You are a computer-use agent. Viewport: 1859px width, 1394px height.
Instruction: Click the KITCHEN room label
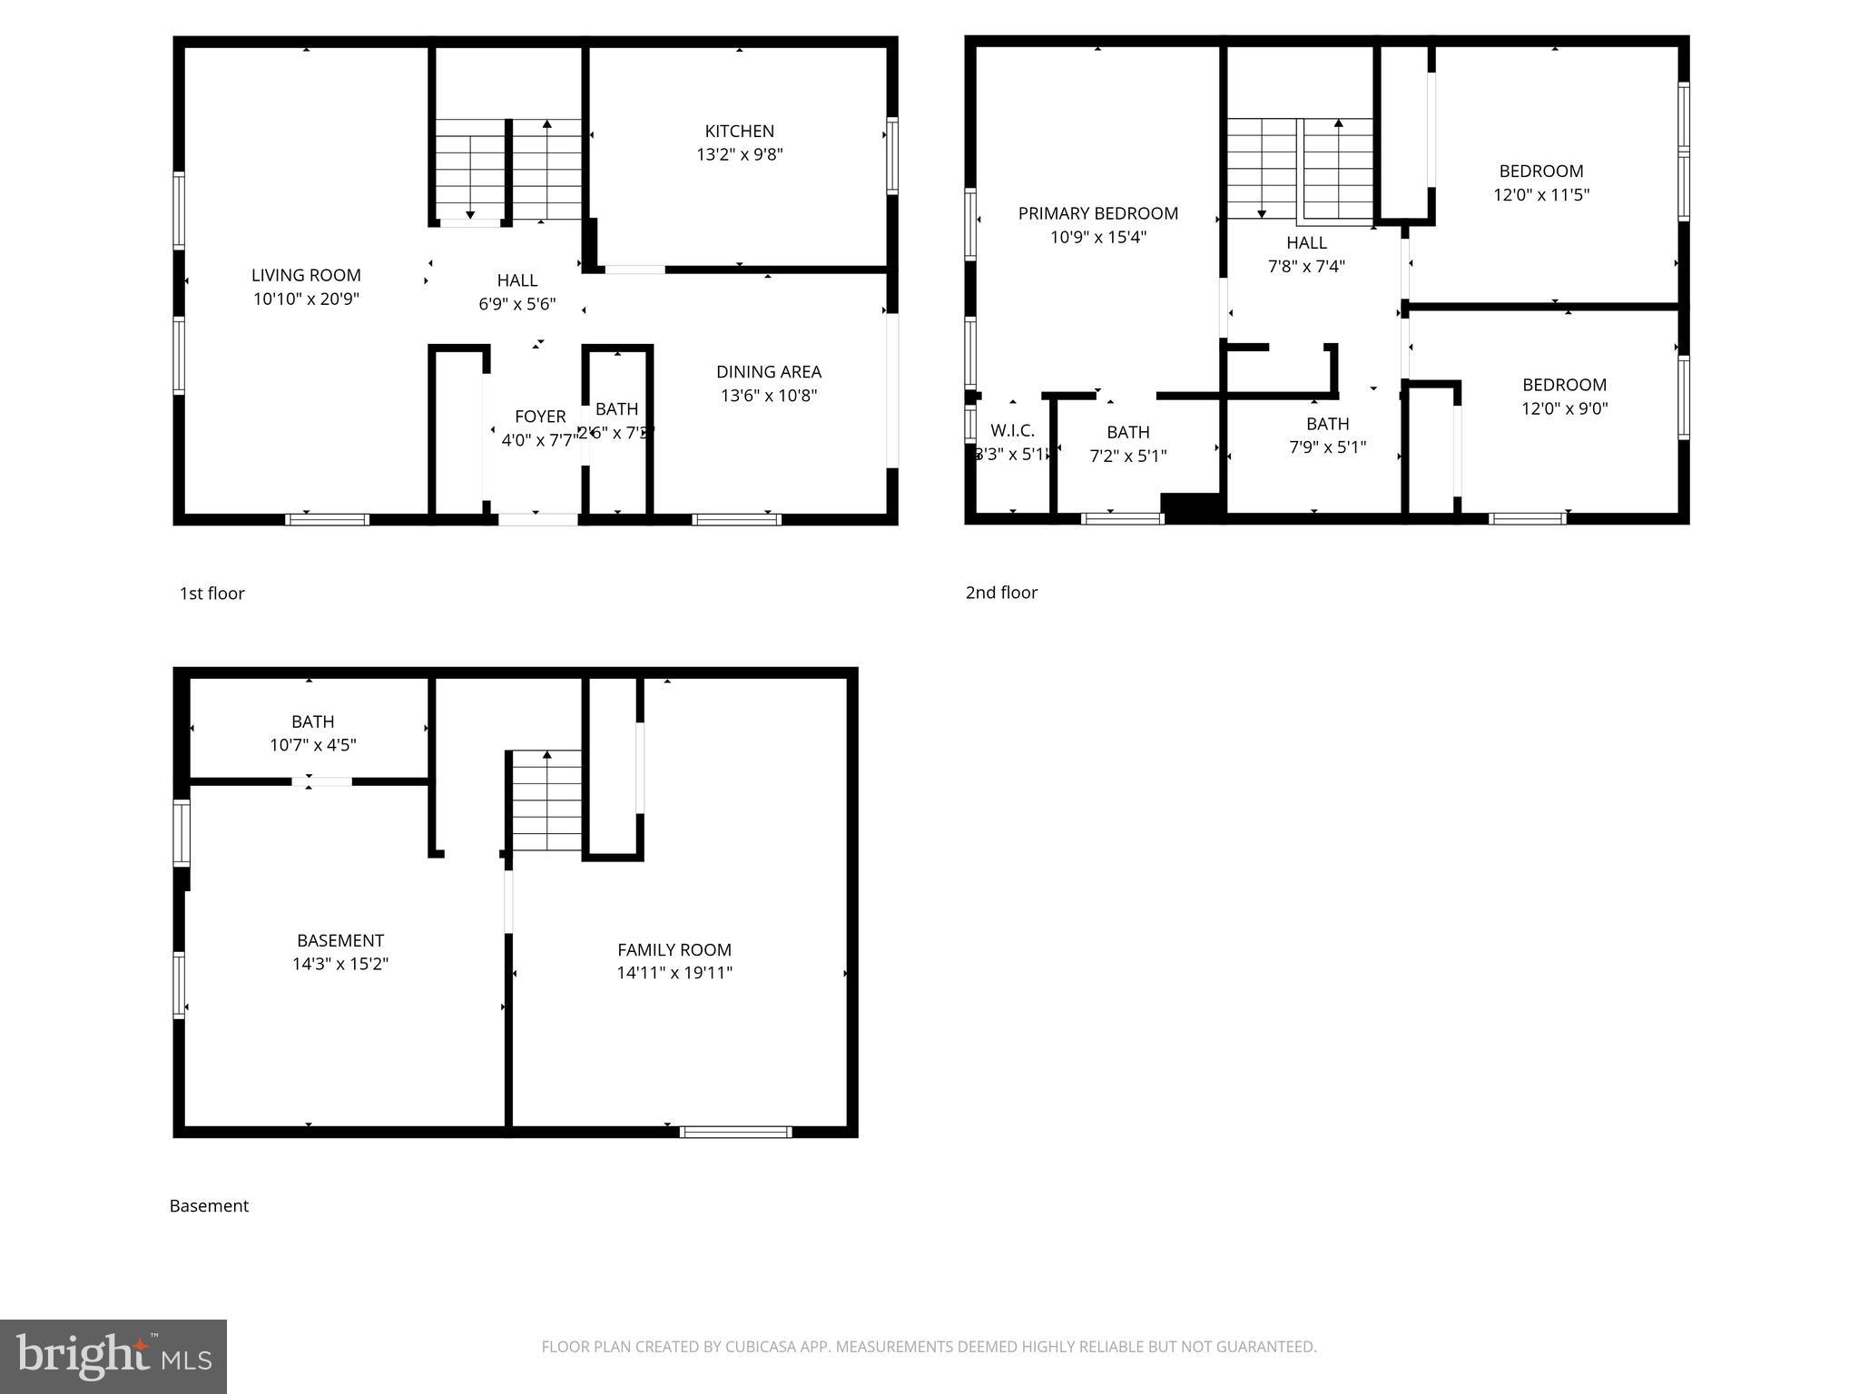(x=739, y=132)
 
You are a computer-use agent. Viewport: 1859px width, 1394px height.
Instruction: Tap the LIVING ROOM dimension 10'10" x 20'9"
(x=306, y=299)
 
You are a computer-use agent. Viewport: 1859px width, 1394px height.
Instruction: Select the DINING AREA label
(x=768, y=372)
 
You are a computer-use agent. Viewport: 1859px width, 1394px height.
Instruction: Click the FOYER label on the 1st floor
(x=540, y=417)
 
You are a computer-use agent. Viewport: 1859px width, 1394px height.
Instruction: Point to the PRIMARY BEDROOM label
(x=1097, y=214)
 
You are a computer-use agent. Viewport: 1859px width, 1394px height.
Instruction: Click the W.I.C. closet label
(x=1012, y=431)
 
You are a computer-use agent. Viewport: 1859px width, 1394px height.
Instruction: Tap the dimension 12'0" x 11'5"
(x=1540, y=195)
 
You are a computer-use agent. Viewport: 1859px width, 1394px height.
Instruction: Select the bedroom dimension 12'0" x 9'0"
(x=1564, y=408)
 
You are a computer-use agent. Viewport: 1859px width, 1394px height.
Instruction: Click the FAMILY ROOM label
(x=674, y=950)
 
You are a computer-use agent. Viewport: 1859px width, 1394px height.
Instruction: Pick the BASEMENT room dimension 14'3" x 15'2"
(x=339, y=964)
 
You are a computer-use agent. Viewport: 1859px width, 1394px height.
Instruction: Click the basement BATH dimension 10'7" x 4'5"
(x=312, y=745)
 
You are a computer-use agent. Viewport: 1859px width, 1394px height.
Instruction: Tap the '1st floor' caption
(x=211, y=594)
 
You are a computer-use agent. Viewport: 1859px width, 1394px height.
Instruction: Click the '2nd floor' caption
(x=1001, y=593)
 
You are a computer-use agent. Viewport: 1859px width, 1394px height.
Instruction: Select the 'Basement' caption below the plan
(x=209, y=1206)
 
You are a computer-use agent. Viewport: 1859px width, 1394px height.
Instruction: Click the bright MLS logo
(x=113, y=1356)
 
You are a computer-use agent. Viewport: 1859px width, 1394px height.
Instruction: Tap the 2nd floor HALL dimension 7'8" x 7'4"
(x=1305, y=267)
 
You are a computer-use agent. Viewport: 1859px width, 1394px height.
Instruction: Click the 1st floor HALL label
(x=516, y=281)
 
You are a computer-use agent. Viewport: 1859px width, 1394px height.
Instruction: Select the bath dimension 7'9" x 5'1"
(x=1327, y=447)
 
